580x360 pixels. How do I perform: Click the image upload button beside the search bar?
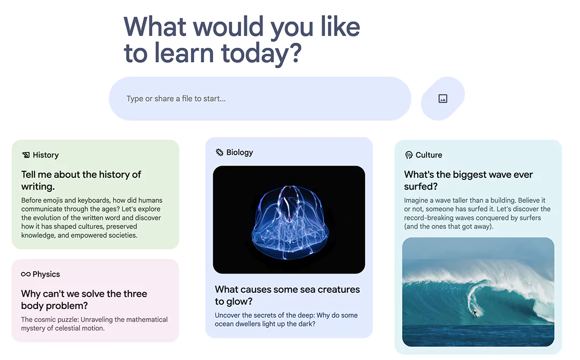pos(443,99)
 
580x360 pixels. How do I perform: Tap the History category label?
pos(46,155)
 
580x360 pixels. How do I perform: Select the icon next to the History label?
pos(26,155)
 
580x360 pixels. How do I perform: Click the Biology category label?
pos(240,153)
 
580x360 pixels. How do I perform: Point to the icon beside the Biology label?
pos(220,153)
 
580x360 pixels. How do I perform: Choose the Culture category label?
pos(429,155)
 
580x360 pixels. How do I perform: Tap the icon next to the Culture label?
pos(409,155)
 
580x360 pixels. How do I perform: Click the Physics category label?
pos(46,275)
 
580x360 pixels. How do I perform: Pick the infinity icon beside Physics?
pos(26,275)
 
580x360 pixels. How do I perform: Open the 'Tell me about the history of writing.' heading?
pos(81,181)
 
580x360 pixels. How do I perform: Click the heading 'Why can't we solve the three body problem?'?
pos(84,300)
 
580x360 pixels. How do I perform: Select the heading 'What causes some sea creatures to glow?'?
pos(287,296)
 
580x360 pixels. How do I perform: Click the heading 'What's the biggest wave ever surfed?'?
pos(468,181)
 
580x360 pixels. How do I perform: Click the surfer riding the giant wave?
pos(474,312)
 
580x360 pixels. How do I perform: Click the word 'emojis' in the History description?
pos(56,200)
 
